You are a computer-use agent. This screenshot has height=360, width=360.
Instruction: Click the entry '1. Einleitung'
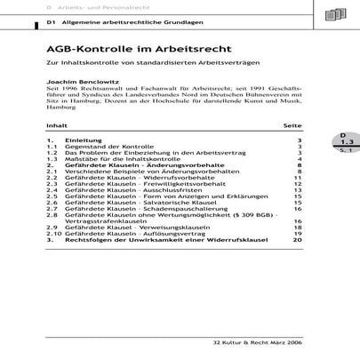coord(71,141)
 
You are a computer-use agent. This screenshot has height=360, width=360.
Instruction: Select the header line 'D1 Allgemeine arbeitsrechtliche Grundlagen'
coord(119,20)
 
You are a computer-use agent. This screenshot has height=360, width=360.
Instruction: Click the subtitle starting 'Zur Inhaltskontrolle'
coord(155,65)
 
